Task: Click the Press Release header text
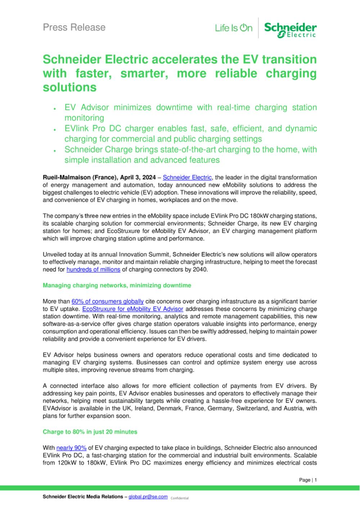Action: (74, 27)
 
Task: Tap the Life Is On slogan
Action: (234, 28)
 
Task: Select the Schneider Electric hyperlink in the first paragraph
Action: (187, 177)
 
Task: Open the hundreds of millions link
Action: (93, 269)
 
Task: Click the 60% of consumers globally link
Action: (108, 301)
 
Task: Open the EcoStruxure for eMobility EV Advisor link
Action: (133, 309)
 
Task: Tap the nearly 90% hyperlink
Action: (71, 448)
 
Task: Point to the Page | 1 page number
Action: (308, 480)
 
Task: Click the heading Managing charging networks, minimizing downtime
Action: (117, 285)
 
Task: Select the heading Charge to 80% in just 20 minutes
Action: (90, 432)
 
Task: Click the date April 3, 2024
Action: (139, 177)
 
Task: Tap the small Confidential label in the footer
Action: (180, 498)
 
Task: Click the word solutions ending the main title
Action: (69, 88)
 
